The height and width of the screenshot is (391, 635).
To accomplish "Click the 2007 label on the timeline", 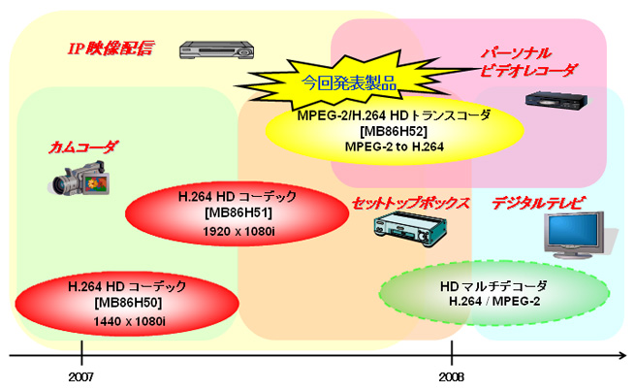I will point(81,375).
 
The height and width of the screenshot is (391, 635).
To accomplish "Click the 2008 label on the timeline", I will point(451,375).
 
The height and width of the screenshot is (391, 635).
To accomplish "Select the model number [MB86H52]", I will point(394,131).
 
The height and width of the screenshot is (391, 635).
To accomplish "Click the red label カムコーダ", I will point(82,147).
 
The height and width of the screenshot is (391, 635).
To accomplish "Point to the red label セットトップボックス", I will point(410,204).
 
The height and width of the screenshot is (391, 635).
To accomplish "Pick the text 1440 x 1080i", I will point(129,320).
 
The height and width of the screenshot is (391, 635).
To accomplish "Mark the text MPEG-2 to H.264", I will point(394,147).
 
